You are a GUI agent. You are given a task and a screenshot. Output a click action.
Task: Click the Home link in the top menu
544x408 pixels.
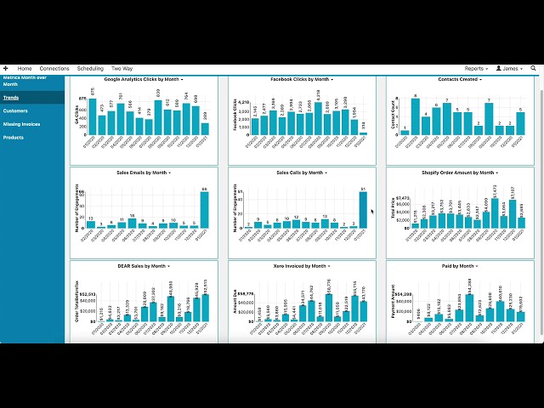pos(25,68)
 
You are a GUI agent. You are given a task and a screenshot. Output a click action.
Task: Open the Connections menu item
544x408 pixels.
pos(54,68)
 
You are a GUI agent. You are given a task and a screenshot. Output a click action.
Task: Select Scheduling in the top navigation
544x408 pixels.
pos(90,68)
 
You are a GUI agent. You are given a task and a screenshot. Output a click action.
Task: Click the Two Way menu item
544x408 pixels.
pos(122,68)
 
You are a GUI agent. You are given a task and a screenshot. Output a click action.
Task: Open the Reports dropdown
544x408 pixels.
pos(475,68)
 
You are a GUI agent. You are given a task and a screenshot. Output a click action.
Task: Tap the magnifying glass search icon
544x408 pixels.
pos(535,68)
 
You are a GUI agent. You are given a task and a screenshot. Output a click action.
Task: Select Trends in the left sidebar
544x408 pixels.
pos(11,98)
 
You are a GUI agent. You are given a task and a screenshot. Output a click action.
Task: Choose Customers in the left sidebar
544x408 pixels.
pos(15,110)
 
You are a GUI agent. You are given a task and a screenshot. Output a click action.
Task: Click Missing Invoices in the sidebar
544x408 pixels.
pos(21,124)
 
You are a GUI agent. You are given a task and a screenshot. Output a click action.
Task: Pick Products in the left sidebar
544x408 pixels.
pos(14,137)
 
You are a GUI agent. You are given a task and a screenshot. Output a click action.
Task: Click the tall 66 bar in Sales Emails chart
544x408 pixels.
pos(204,210)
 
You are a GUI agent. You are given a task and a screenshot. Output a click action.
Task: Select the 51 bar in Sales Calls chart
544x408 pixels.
pos(363,210)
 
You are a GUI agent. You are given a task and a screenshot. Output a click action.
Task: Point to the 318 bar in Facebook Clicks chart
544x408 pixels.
pos(363,133)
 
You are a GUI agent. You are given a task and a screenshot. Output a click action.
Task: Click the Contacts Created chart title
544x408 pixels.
pos(458,79)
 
